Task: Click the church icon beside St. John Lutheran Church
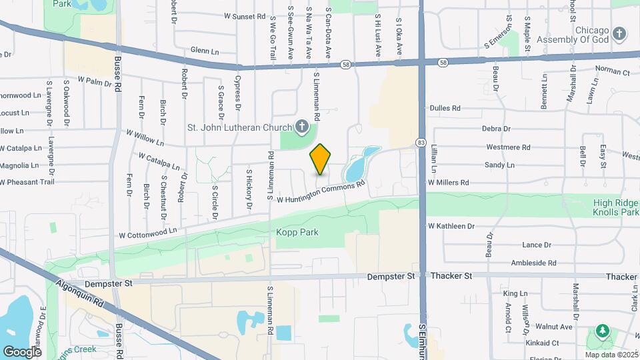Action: [302, 127]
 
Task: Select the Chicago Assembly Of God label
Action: [583, 37]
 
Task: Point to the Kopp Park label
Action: [297, 233]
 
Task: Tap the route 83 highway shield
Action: [421, 143]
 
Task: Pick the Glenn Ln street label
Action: [205, 50]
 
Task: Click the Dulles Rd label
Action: [445, 108]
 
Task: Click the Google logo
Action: [22, 351]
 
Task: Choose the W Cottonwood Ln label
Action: [148, 233]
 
